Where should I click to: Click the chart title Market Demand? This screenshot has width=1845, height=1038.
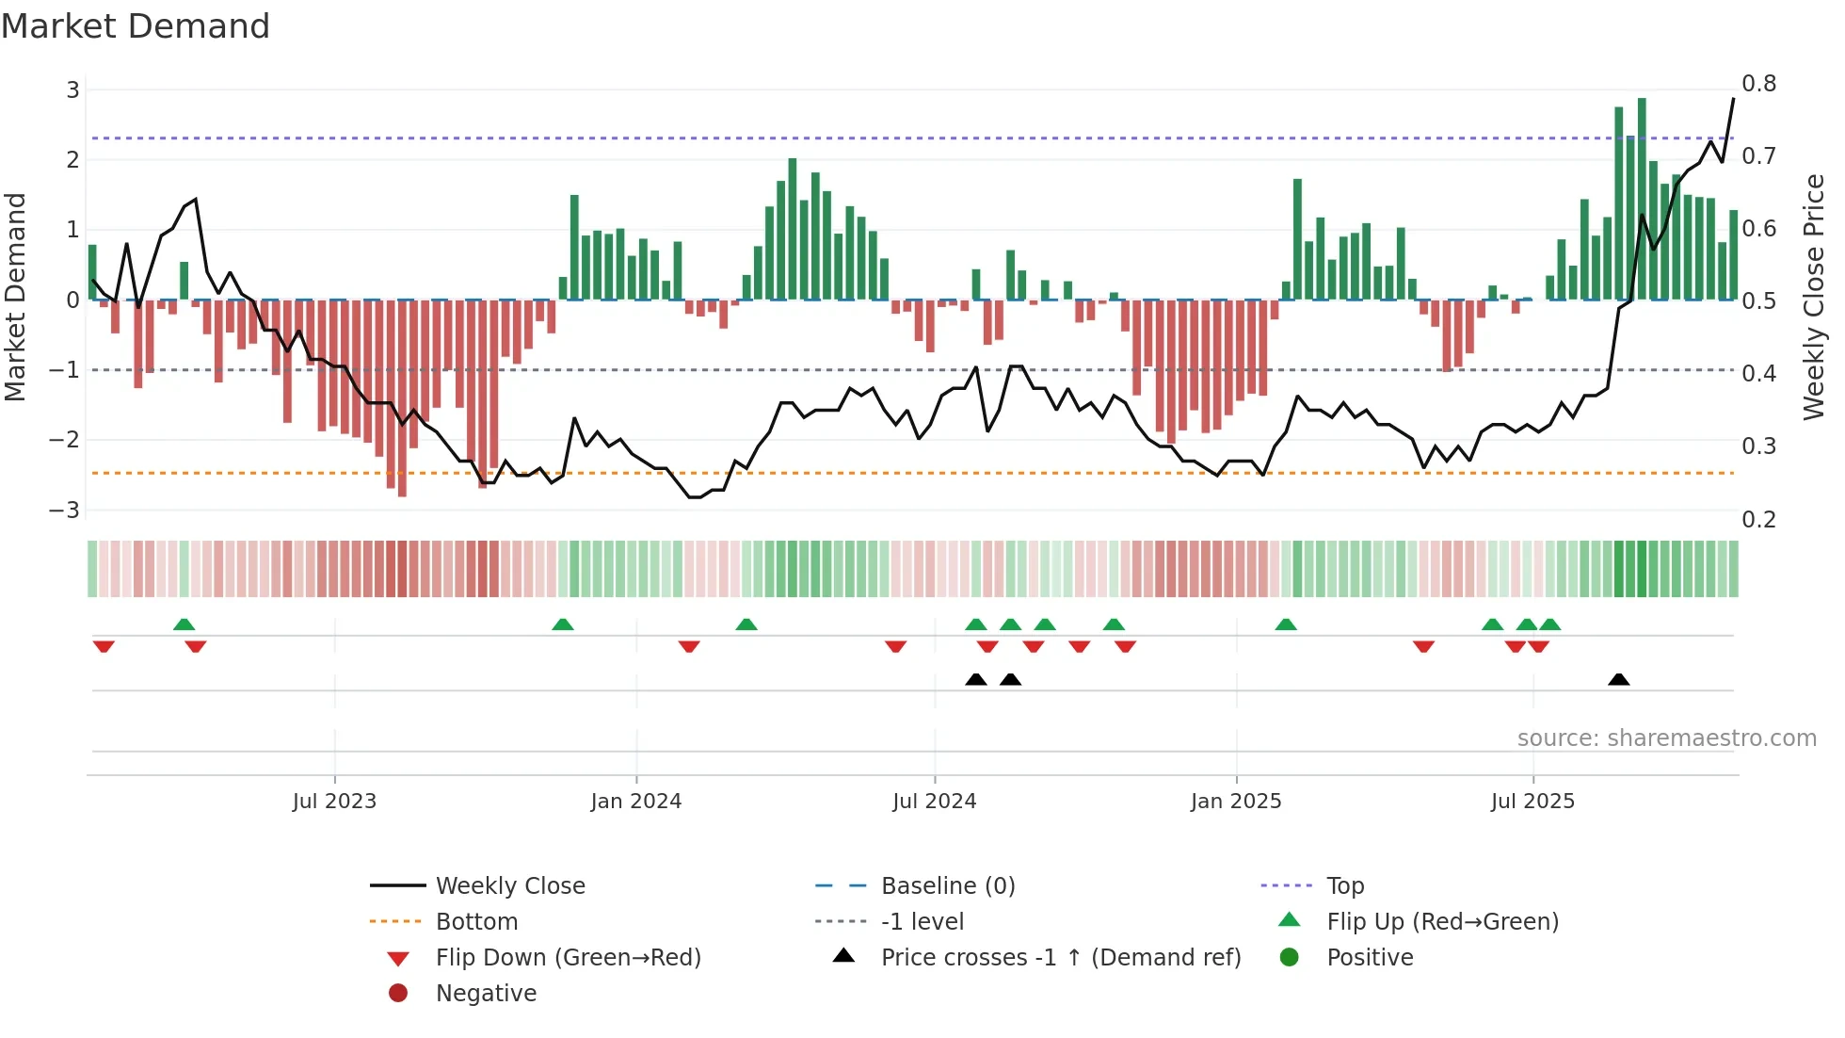[x=136, y=26]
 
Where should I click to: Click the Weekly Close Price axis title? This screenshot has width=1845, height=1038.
[x=1814, y=297]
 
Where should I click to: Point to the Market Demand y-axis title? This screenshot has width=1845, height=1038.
[x=15, y=297]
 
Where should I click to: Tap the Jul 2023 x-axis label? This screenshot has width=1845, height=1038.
[x=334, y=802]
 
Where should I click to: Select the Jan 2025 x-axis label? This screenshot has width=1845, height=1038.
[x=1235, y=802]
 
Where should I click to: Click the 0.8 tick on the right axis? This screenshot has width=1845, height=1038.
[x=1758, y=84]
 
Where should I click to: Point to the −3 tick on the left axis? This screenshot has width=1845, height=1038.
[x=64, y=511]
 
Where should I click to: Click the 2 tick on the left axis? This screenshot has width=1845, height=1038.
[x=72, y=159]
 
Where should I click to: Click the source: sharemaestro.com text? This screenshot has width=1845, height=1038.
[x=1666, y=738]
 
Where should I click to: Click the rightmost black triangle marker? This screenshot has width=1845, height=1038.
[x=1618, y=680]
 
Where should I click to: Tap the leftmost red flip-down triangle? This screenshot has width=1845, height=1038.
[x=104, y=646]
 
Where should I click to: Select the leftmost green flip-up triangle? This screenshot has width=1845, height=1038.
[x=184, y=624]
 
